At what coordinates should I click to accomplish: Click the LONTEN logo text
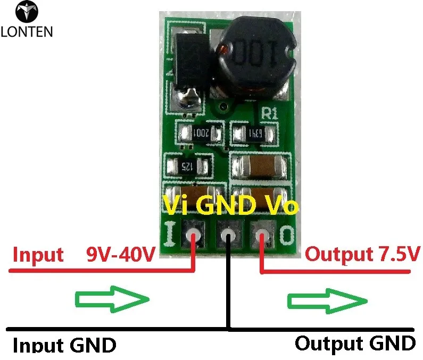27,31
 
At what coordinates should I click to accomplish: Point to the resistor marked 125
187,165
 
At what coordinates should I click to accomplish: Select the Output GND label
355,343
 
